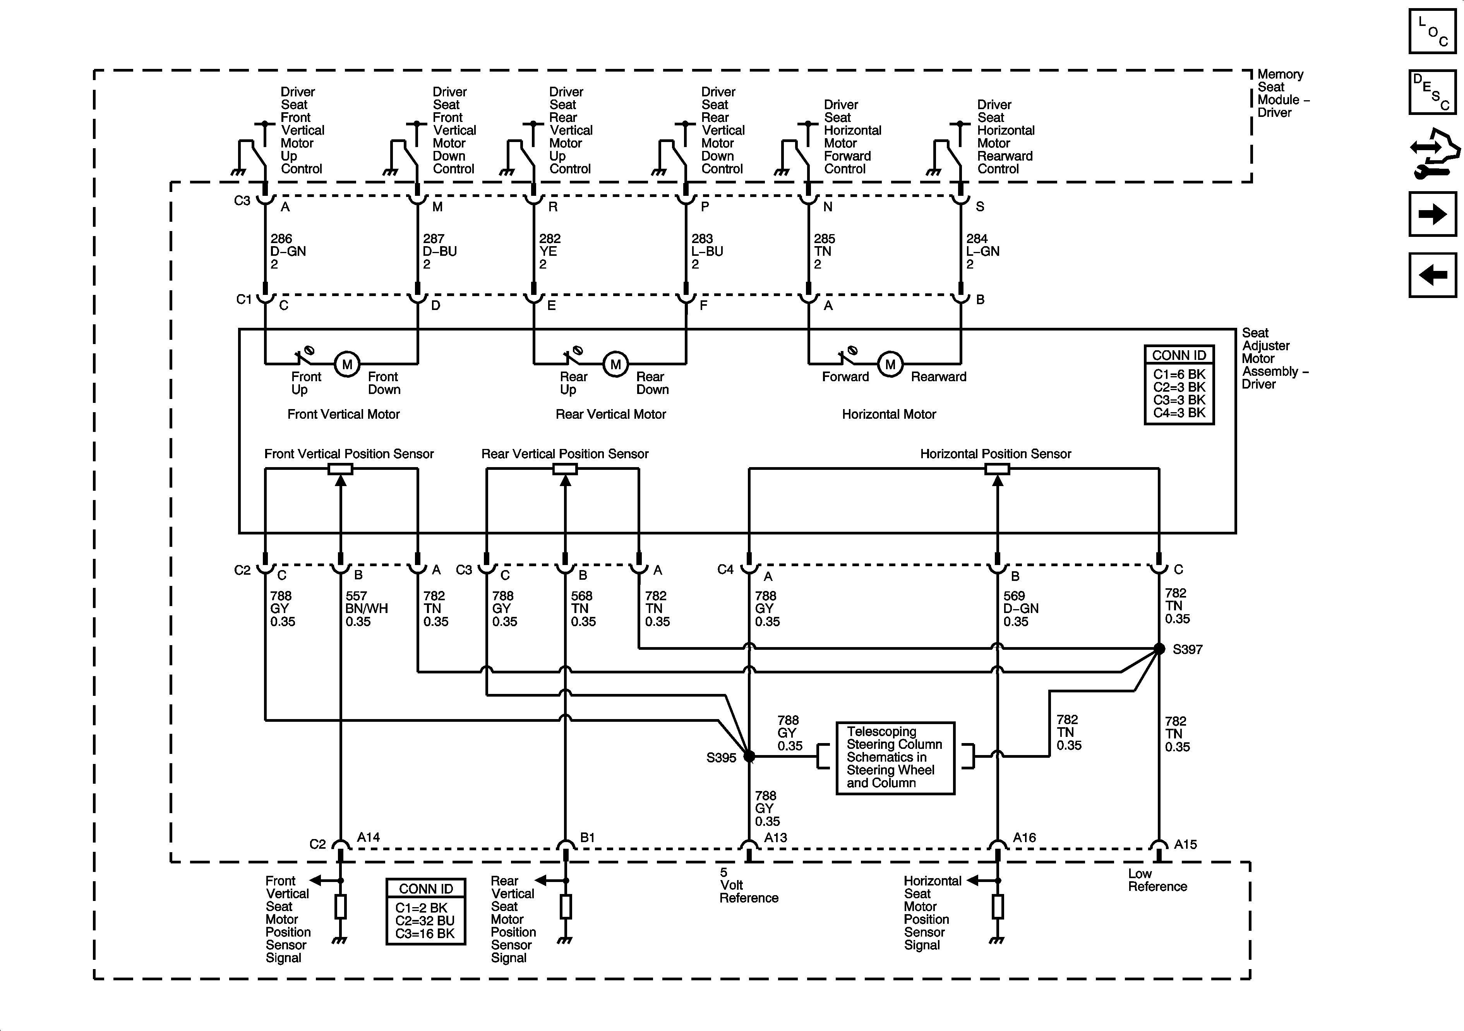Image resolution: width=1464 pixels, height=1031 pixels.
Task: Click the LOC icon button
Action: click(x=1432, y=31)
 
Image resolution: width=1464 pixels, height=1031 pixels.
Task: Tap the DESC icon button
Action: click(x=1432, y=91)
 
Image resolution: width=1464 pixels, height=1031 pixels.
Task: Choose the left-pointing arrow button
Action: click(x=1432, y=275)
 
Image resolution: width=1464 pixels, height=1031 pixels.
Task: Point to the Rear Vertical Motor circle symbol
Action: click(x=615, y=365)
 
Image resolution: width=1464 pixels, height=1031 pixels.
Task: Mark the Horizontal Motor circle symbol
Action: click(x=890, y=365)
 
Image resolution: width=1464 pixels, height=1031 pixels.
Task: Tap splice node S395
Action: click(x=749, y=756)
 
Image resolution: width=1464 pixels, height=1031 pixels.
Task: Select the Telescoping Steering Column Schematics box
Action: click(x=895, y=757)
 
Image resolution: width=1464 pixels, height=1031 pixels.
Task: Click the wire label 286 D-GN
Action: click(x=288, y=251)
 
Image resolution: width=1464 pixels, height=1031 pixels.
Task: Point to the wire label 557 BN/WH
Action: click(x=367, y=608)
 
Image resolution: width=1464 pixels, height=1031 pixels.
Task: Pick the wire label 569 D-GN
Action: click(x=1021, y=608)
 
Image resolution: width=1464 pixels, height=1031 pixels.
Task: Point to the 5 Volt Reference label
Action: click(x=749, y=885)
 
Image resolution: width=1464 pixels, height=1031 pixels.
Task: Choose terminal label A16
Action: click(x=1024, y=837)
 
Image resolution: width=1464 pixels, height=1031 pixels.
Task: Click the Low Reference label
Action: click(x=1157, y=880)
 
